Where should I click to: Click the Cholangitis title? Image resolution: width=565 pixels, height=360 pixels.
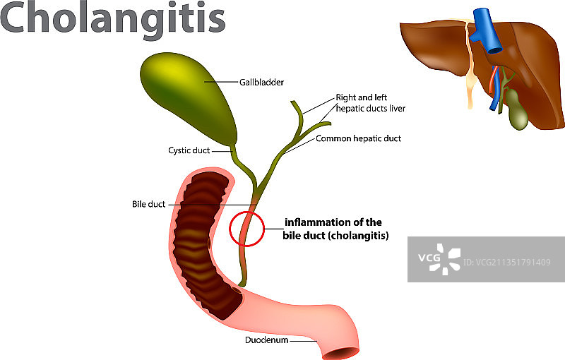coord(113,19)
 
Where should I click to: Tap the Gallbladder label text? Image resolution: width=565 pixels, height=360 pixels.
coord(261,83)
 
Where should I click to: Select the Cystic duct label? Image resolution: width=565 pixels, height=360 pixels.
coord(189,150)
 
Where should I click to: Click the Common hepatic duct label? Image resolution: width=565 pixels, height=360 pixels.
coord(358,138)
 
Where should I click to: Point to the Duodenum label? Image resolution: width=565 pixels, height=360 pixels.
coord(266,340)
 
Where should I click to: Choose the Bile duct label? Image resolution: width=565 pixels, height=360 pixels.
coord(148,205)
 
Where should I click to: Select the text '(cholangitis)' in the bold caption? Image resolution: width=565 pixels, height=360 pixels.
coord(363,236)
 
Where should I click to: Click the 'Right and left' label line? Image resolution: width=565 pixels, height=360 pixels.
coord(362,97)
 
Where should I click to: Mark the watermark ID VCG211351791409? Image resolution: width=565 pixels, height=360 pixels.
coord(507,263)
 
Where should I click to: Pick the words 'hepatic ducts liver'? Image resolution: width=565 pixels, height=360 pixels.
coord(371,109)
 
